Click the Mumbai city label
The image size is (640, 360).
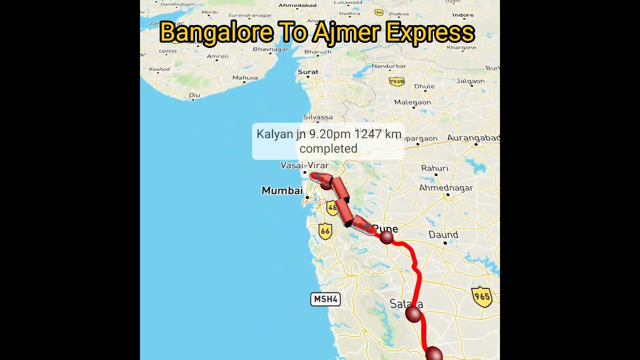pos(282,190)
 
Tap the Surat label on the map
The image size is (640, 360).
pos(308,72)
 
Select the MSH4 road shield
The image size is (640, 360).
pos(325,299)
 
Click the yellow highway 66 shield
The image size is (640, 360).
pos(325,231)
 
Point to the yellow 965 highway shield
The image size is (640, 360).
pos(482,296)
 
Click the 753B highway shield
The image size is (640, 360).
pos(396,81)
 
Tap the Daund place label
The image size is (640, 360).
pos(443,234)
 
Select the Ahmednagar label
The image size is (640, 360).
pos(446,188)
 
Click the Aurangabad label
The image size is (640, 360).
pos(473,138)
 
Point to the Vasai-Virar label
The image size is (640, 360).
pos(305,165)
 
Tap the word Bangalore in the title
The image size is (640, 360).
pos(216,33)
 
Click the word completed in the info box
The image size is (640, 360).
pos(328,148)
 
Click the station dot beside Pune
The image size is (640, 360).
pos(386,237)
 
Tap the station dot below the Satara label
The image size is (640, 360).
pos(412,314)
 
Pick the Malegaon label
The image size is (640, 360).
pos(412,102)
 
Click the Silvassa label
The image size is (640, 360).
pos(317,117)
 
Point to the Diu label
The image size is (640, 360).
pos(194,95)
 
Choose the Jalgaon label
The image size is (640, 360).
pos(470,81)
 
